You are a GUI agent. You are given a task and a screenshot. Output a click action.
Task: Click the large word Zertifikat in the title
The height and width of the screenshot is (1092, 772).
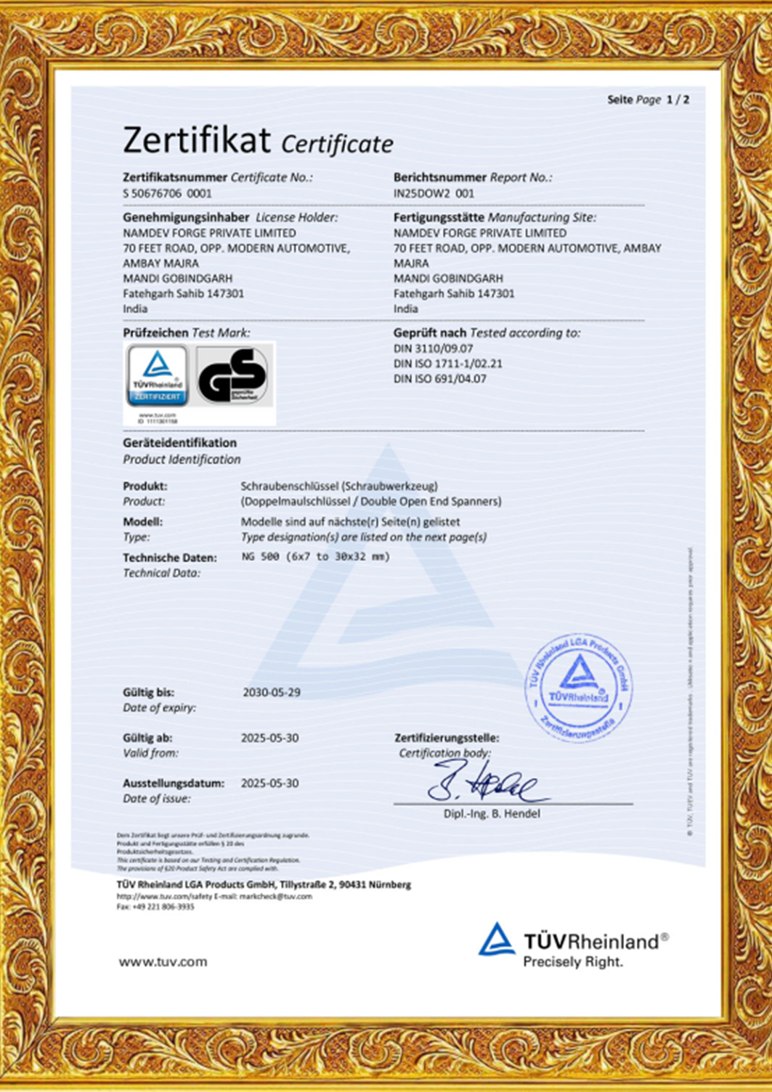click(x=197, y=140)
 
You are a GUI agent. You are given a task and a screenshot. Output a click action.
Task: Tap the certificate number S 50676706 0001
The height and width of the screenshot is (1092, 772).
click(x=167, y=193)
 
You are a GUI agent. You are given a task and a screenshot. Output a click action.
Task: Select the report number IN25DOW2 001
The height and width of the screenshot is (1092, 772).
click(x=434, y=193)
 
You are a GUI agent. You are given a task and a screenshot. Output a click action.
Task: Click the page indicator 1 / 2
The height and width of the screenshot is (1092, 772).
click(x=678, y=99)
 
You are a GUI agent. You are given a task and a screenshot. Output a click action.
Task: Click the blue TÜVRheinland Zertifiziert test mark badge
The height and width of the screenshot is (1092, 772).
click(x=158, y=375)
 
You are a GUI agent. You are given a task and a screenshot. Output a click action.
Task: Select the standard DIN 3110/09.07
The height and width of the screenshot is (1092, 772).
click(x=433, y=349)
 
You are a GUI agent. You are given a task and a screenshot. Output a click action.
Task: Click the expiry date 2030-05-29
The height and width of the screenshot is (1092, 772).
click(x=271, y=693)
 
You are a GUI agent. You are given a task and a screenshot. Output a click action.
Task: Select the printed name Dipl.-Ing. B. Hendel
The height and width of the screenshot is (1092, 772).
click(x=492, y=814)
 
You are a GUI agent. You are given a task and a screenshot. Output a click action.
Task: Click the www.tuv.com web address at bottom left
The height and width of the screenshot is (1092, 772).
click(x=163, y=962)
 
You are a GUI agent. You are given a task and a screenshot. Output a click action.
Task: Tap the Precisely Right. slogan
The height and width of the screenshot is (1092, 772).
click(x=573, y=962)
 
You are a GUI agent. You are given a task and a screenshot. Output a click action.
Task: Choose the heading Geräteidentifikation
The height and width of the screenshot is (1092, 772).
click(x=179, y=443)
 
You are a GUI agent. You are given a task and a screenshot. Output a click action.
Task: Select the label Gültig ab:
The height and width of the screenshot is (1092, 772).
click(x=147, y=738)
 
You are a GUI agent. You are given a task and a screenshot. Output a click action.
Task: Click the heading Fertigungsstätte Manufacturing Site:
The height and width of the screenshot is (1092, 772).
click(x=495, y=217)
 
